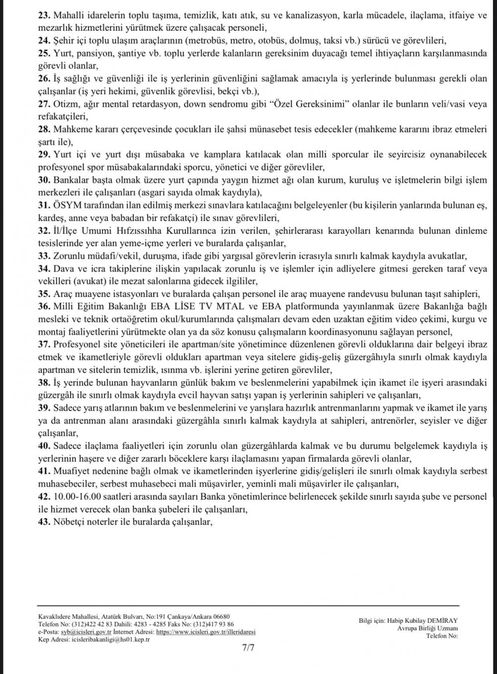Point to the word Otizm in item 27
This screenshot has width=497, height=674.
tap(64, 105)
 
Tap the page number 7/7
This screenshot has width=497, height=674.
tap(248, 648)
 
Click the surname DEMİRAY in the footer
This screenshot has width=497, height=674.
tap(441, 620)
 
